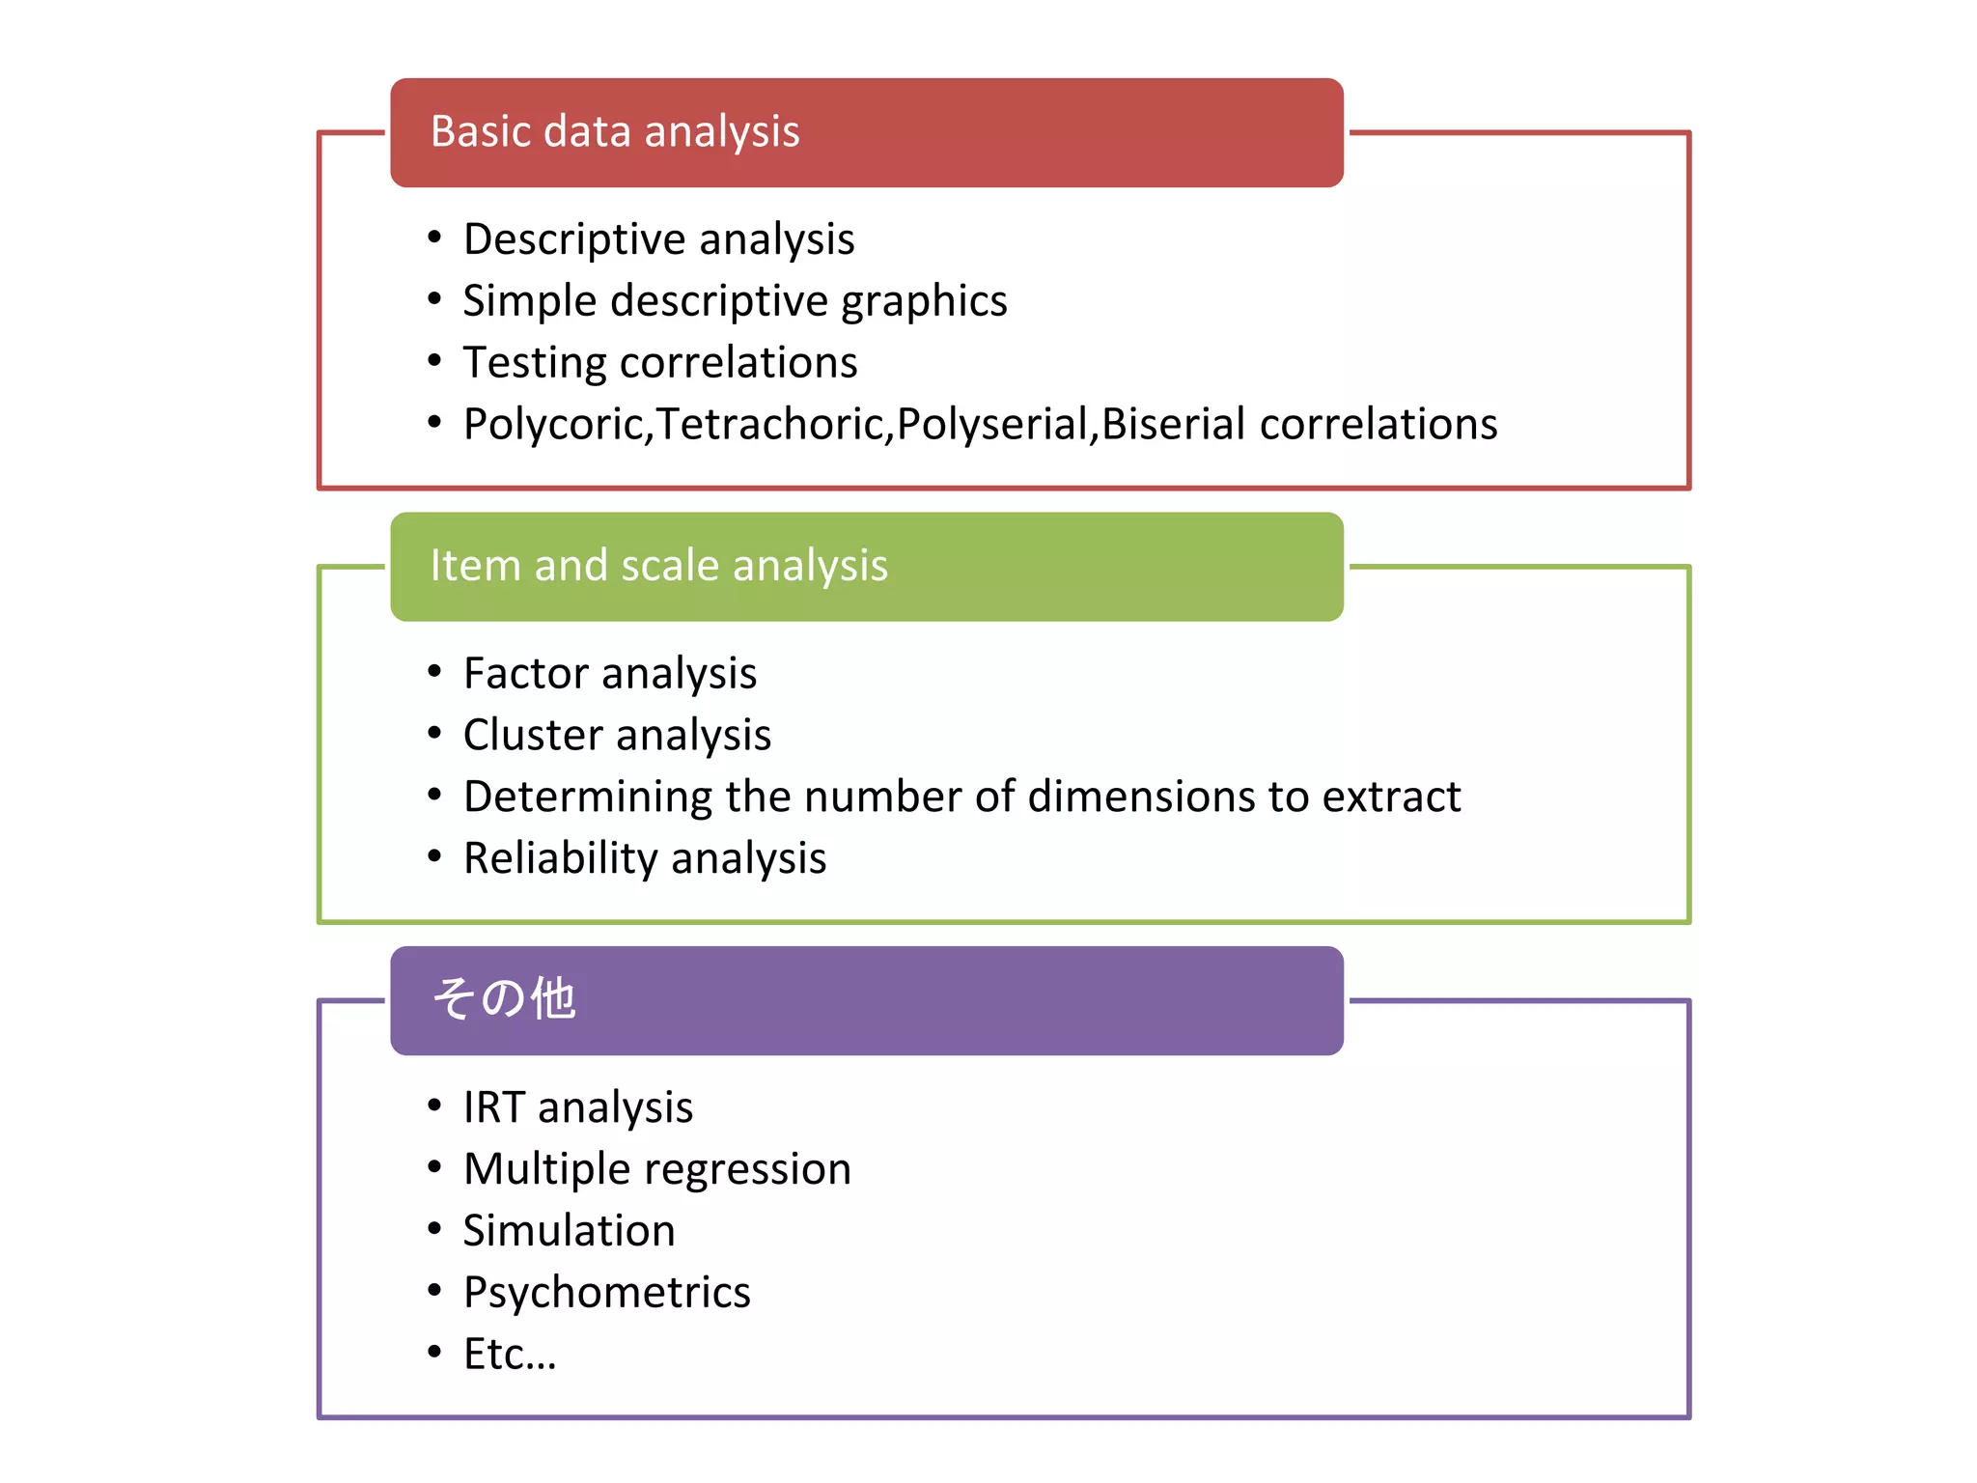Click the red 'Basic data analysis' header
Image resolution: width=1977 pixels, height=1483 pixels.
click(866, 132)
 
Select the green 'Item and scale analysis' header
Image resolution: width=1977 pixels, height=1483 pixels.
click(866, 567)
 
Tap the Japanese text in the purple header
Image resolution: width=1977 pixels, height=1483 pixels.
click(503, 998)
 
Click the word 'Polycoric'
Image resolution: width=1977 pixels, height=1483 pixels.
click(556, 425)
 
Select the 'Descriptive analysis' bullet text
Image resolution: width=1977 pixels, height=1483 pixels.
click(658, 239)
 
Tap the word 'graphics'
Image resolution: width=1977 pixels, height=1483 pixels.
click(924, 302)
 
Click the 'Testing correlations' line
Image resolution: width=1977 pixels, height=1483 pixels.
click(660, 363)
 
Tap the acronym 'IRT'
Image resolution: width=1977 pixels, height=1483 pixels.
click(494, 1107)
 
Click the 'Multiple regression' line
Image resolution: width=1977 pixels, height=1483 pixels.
click(656, 1169)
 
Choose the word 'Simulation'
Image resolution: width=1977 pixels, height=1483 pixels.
click(569, 1231)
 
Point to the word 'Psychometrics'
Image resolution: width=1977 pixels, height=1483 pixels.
click(606, 1293)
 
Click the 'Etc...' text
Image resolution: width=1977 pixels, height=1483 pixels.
click(510, 1355)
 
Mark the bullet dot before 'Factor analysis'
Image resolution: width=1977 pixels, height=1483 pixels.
click(434, 671)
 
